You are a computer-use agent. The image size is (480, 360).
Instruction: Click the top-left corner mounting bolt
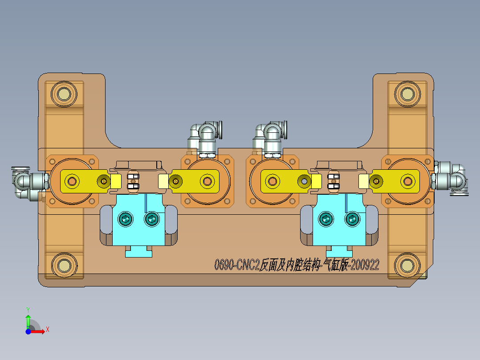point(62,94)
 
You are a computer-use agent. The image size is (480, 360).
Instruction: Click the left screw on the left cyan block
point(126,219)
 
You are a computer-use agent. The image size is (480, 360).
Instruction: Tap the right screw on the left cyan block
point(152,219)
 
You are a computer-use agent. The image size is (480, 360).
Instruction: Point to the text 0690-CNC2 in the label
point(236,266)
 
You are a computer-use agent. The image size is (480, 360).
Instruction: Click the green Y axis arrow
point(28,318)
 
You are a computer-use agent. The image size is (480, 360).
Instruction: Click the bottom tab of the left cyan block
point(138,252)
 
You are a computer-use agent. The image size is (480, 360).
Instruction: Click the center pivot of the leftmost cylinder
point(71,181)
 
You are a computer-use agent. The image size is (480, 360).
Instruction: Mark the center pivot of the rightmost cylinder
point(407,181)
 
